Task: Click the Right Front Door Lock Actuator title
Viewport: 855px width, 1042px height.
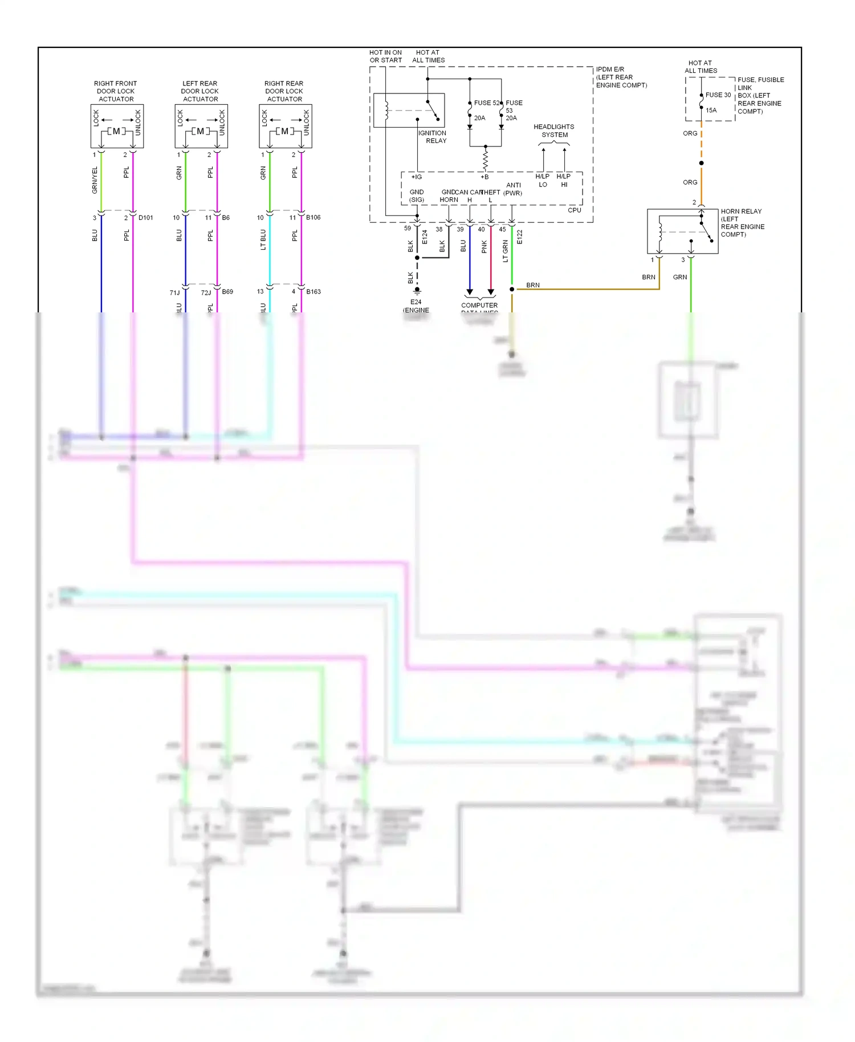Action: (x=116, y=91)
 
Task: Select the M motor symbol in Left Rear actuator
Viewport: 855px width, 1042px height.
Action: (x=200, y=131)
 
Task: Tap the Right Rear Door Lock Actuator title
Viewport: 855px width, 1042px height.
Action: (x=284, y=91)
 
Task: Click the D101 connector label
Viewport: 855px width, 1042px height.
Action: (x=145, y=218)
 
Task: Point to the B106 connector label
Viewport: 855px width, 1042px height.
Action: (x=313, y=218)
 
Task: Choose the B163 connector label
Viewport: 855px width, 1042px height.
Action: (x=313, y=292)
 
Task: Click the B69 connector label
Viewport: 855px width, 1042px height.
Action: (x=227, y=292)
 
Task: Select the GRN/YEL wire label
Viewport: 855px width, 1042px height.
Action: (x=95, y=180)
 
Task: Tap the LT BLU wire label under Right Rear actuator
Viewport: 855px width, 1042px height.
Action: (x=263, y=239)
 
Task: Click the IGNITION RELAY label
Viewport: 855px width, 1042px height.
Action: (x=433, y=137)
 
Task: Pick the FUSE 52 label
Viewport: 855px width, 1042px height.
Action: (x=486, y=103)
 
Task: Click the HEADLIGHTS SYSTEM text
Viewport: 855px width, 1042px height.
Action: (x=554, y=131)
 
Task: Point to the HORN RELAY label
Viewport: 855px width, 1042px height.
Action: (x=741, y=211)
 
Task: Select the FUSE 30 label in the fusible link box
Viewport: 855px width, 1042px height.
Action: (x=718, y=95)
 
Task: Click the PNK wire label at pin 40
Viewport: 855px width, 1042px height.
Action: (x=484, y=246)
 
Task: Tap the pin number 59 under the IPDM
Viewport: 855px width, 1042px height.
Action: (x=408, y=229)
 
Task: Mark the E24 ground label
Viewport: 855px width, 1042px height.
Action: (x=416, y=303)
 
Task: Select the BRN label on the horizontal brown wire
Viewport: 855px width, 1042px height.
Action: (x=533, y=285)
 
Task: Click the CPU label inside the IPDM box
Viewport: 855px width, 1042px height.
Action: (x=575, y=210)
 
